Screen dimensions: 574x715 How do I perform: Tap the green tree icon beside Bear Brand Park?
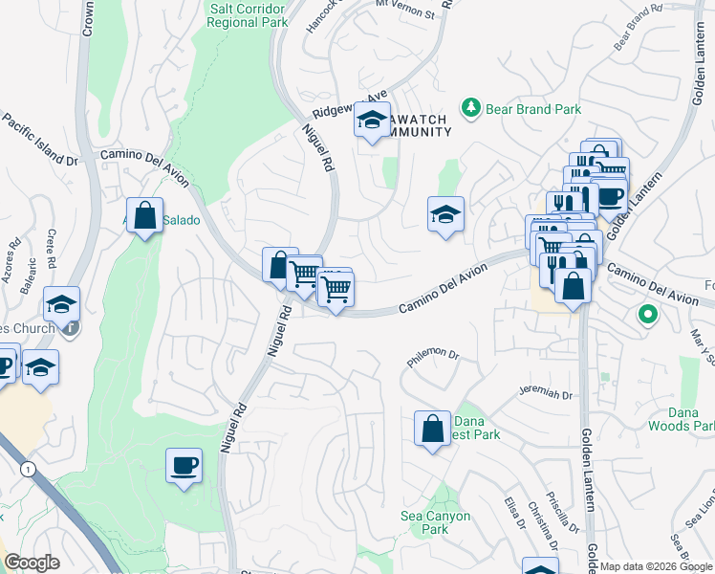[470, 108]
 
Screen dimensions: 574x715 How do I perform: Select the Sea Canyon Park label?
[435, 522]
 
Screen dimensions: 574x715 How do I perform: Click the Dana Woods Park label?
[681, 418]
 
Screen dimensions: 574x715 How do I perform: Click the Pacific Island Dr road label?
[39, 140]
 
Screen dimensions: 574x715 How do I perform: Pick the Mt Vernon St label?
[404, 12]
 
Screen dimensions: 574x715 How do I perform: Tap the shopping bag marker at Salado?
[144, 216]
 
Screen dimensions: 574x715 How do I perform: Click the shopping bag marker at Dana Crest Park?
[432, 427]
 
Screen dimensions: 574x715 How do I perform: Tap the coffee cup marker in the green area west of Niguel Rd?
[184, 467]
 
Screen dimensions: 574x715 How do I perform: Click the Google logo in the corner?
[32, 563]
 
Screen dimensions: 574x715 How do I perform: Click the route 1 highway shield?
[27, 469]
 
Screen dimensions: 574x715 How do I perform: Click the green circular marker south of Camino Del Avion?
[647, 314]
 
